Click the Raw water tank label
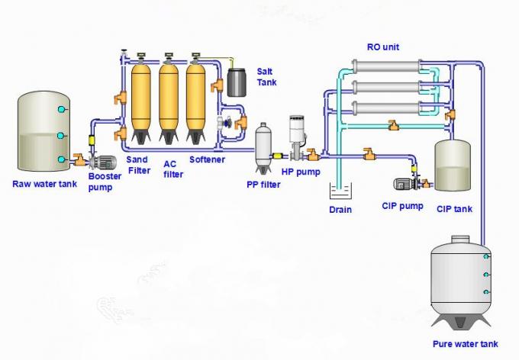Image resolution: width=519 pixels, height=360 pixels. click(44, 184)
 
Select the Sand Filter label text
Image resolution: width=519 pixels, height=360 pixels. click(137, 165)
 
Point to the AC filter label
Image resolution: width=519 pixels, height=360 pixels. click(173, 169)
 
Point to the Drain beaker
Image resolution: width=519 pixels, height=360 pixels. click(340, 190)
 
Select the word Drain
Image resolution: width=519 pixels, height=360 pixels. click(340, 209)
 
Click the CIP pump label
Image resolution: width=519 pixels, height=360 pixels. click(402, 205)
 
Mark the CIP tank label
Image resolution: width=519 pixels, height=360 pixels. click(455, 208)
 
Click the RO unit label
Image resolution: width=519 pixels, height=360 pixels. click(383, 47)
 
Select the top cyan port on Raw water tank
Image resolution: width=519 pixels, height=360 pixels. click(63, 110)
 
